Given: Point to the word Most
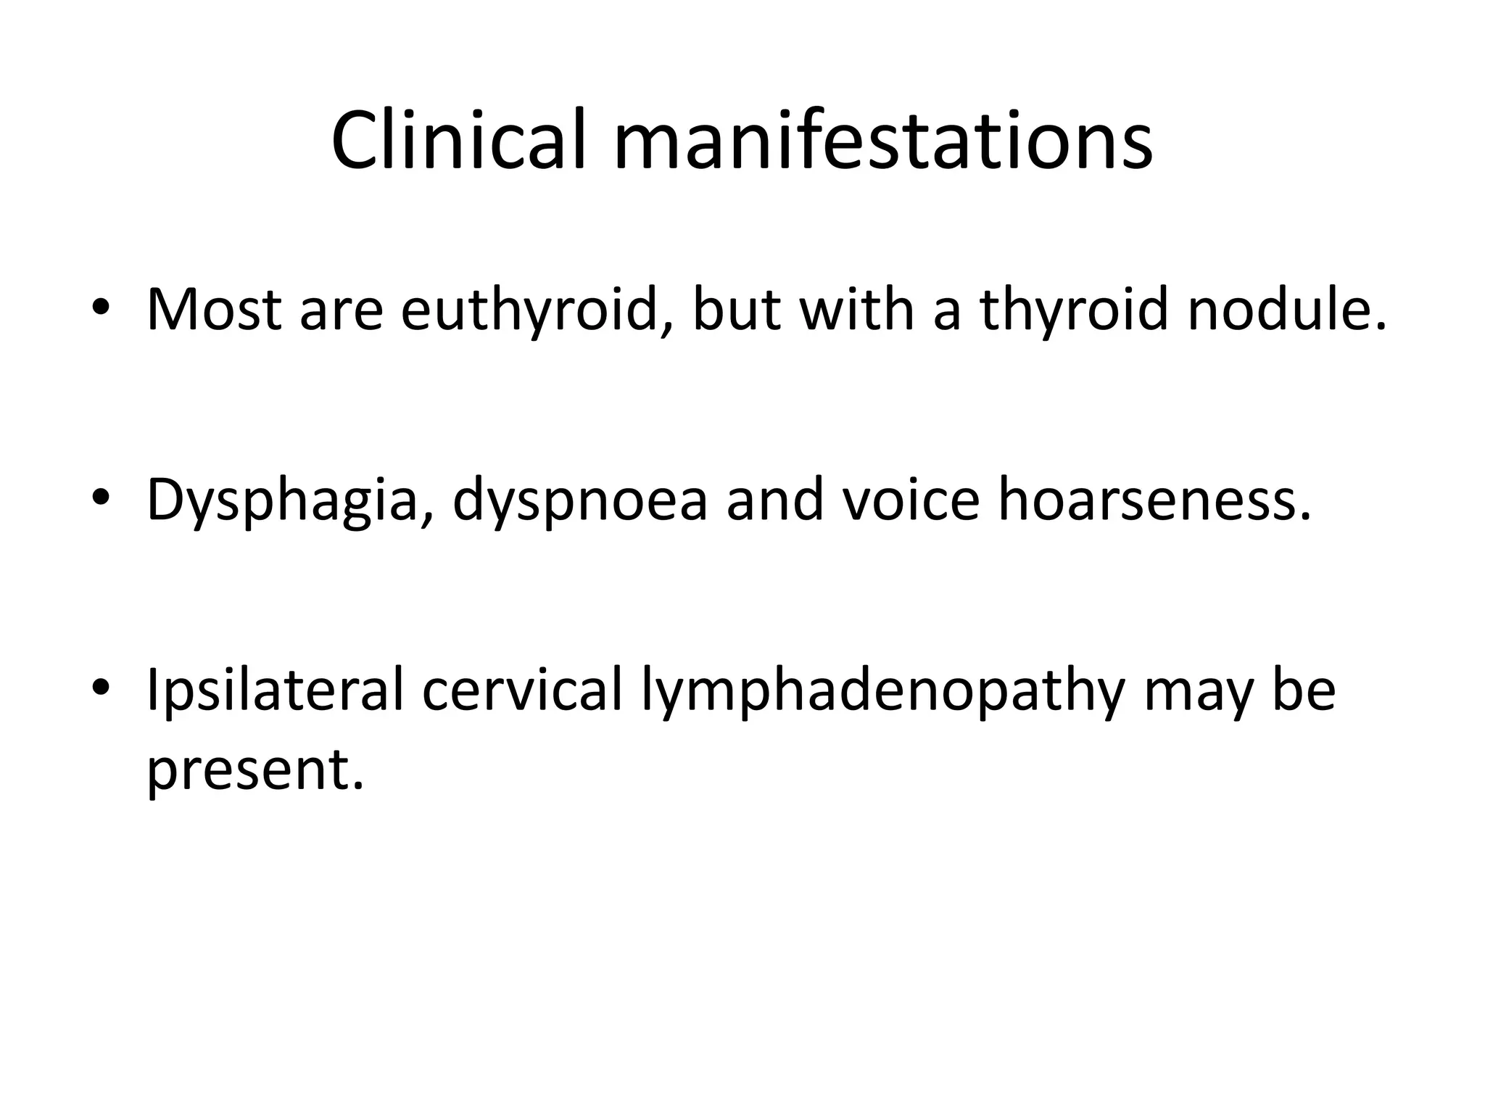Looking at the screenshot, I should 213,310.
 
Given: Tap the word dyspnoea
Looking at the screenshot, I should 579,500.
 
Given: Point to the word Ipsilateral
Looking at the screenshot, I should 275,690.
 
